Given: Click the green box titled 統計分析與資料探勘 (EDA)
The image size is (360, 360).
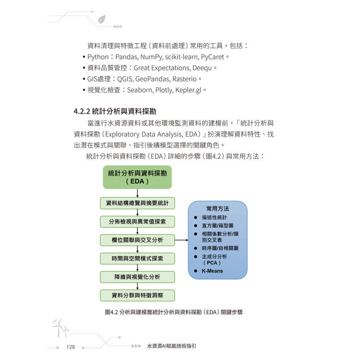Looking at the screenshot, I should click(x=137, y=177).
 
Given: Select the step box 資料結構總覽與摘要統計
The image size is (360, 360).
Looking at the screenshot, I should click(x=137, y=203).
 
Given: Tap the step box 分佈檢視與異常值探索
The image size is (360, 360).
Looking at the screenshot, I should click(x=137, y=221).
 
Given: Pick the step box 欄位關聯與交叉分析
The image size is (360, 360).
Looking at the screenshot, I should click(x=137, y=240).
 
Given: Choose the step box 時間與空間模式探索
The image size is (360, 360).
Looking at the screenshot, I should click(x=137, y=258).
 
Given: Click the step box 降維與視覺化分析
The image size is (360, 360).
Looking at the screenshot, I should click(x=137, y=276).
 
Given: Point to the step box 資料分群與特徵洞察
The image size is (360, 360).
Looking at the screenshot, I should click(x=137, y=295).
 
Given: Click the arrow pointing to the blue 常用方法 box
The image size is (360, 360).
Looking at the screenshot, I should click(x=181, y=240).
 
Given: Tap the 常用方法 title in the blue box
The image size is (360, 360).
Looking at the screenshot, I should click(x=217, y=209).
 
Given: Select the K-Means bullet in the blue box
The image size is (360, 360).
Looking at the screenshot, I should click(x=212, y=271).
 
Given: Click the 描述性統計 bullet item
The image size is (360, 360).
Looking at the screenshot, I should click(x=214, y=217).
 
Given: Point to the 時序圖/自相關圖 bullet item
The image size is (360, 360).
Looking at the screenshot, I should click(x=220, y=248).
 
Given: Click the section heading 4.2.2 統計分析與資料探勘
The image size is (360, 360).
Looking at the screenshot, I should click(x=115, y=111).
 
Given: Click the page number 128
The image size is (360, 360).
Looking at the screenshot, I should click(x=71, y=347).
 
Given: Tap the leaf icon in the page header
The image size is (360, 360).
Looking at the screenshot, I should click(x=101, y=19).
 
